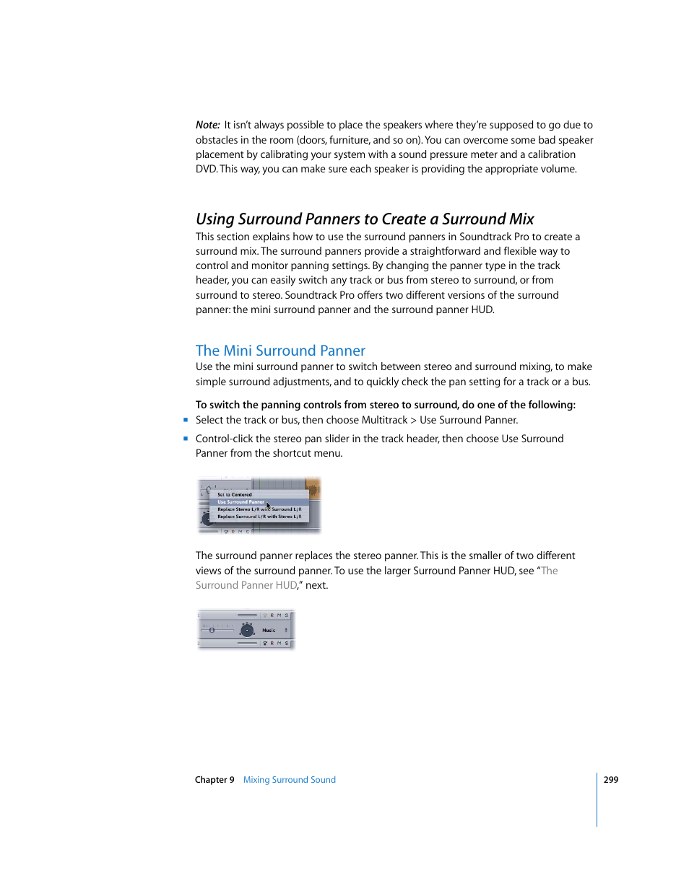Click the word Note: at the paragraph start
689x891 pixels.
(x=207, y=125)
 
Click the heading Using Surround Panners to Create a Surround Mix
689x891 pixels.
(x=365, y=219)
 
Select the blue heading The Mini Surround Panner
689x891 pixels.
(x=280, y=351)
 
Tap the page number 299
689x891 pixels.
(x=611, y=780)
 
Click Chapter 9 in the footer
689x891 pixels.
(x=214, y=780)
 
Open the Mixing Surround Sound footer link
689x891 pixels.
(x=289, y=780)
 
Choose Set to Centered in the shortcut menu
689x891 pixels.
(x=235, y=495)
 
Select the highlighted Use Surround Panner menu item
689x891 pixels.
(x=241, y=502)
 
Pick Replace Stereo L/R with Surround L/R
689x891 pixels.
(x=259, y=509)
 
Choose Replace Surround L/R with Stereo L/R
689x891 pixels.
(x=259, y=517)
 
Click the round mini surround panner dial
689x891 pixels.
(x=247, y=630)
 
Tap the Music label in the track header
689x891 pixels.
(x=269, y=631)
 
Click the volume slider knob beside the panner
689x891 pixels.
(x=212, y=631)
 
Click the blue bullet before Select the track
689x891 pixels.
(x=186, y=420)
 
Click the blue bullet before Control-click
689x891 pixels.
(x=186, y=439)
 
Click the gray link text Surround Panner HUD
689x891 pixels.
(x=246, y=585)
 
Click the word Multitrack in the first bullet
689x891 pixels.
(x=384, y=420)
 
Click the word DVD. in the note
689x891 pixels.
(x=206, y=169)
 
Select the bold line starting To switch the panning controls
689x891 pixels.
(x=385, y=405)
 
